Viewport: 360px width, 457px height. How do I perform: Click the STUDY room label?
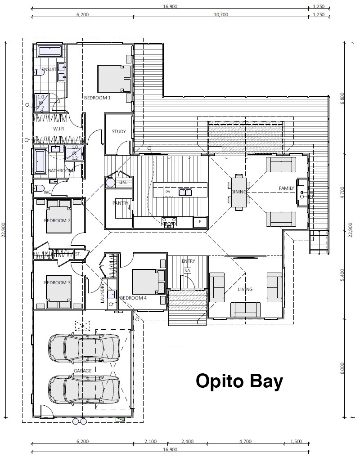(x=119, y=132)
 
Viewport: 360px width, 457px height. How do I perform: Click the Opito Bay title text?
(x=239, y=381)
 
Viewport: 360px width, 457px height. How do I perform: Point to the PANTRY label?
(x=120, y=203)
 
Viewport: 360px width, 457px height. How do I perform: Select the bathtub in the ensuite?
(x=50, y=50)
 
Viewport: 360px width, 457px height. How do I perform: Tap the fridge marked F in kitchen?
(x=199, y=221)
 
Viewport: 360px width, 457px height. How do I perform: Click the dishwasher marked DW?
(x=168, y=192)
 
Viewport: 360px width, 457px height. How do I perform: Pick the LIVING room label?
(x=246, y=289)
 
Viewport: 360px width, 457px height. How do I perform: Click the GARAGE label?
(x=83, y=371)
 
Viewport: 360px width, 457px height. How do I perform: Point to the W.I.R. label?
(x=59, y=129)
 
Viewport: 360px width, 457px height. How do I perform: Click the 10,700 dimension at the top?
(x=221, y=14)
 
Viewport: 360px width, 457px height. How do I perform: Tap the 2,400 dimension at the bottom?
(x=188, y=442)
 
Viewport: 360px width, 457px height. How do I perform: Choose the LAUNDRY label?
(x=103, y=293)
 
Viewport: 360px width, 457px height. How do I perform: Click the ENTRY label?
(x=188, y=261)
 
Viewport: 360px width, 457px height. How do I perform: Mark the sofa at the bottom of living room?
(x=246, y=309)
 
